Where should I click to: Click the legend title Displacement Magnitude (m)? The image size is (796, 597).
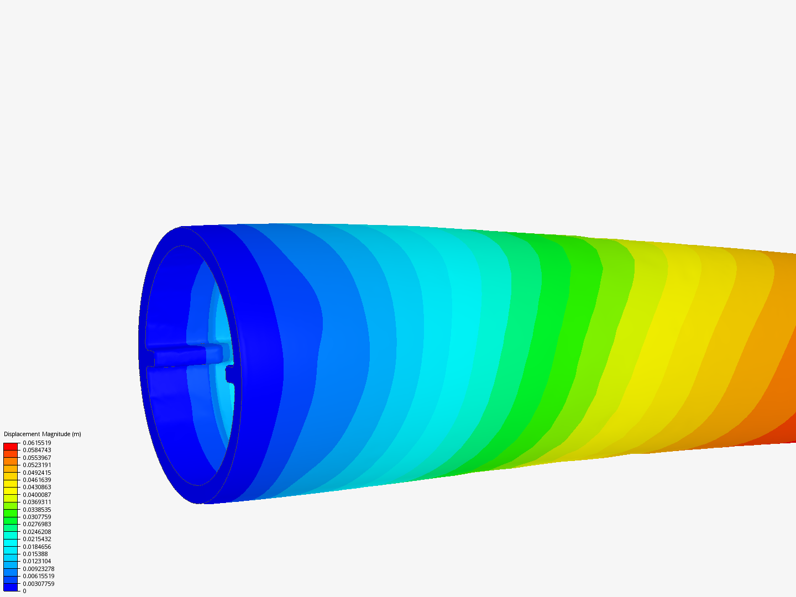(x=43, y=434)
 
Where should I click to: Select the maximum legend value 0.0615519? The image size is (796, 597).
(x=37, y=443)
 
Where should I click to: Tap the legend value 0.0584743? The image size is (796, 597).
(x=37, y=451)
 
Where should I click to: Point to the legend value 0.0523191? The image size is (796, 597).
(x=37, y=465)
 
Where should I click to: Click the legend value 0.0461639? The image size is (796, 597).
(x=37, y=480)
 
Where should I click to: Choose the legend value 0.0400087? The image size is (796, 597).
(x=37, y=495)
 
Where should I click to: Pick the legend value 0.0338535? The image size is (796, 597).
(x=37, y=510)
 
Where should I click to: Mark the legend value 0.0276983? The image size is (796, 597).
(x=37, y=525)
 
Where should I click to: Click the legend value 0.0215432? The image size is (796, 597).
(x=37, y=539)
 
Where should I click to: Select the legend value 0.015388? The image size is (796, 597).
(x=35, y=554)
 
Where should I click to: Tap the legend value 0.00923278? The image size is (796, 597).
(x=39, y=569)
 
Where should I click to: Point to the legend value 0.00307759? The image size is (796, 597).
(x=39, y=584)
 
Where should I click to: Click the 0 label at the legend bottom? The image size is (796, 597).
(x=24, y=591)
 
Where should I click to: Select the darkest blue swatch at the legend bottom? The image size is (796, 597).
(x=11, y=587)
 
